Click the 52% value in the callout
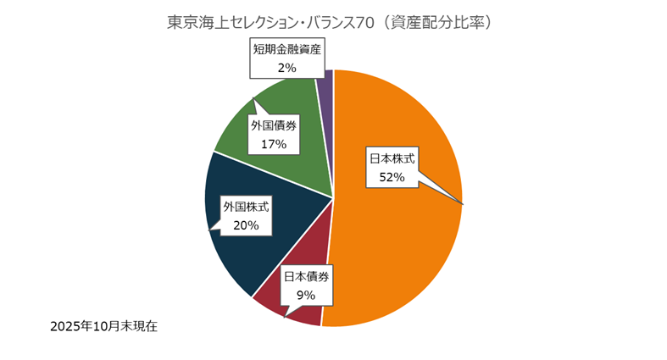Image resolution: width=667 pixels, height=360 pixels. tap(392, 177)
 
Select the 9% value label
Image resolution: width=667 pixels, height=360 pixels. tap(306, 295)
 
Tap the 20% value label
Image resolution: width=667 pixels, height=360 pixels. tap(245, 225)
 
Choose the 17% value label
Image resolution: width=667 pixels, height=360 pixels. tap(274, 144)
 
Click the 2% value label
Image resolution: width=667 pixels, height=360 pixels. tap(286, 66)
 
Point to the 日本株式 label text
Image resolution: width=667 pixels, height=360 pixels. tap(392, 158)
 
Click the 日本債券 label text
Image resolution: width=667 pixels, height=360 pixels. tap(306, 276)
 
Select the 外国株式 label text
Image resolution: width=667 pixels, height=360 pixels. tap(245, 206)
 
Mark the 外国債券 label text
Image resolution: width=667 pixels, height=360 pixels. tap(274, 125)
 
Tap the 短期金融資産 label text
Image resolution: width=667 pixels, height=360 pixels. tap(286, 48)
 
